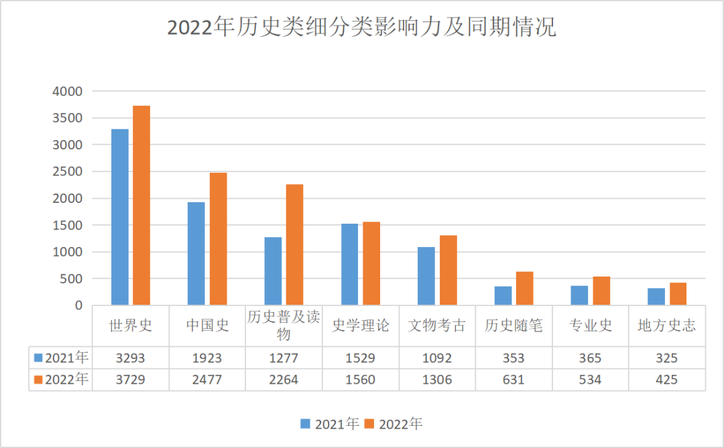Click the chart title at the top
coord(361,27)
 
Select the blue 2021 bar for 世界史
coord(120,217)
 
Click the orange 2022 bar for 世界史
coord(141,206)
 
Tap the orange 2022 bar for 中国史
coord(218,239)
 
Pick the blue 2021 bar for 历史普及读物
coord(273,271)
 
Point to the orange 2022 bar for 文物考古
coord(448,271)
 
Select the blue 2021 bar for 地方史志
coord(656,297)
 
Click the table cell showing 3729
coord(130,380)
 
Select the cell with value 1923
coord(207,358)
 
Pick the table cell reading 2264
coord(284,380)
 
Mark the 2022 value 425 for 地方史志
coord(666,380)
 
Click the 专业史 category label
coord(591,326)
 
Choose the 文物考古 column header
coord(437,326)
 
